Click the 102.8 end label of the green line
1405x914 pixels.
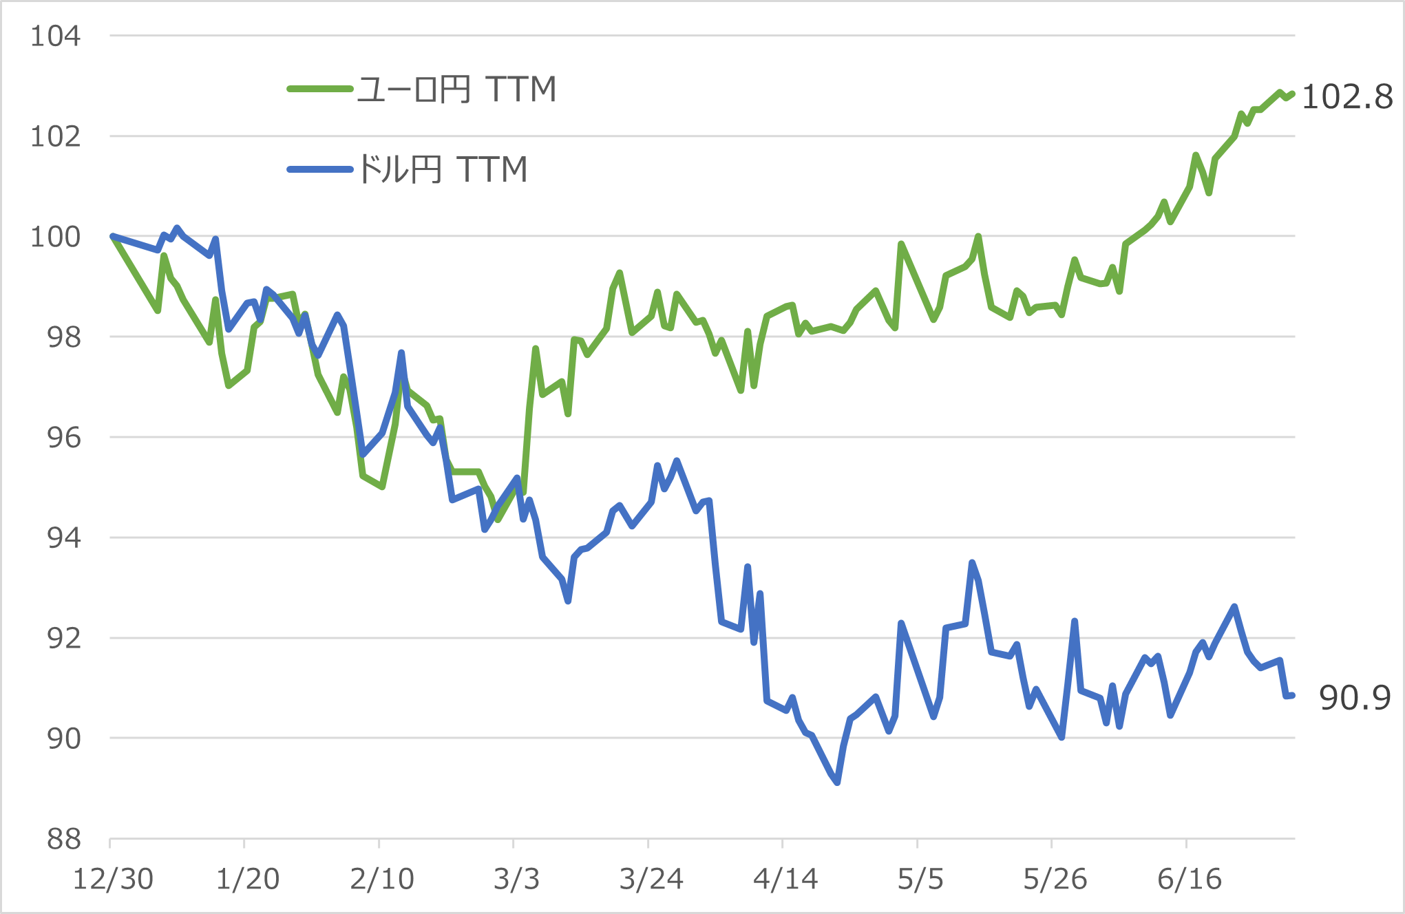click(x=1346, y=97)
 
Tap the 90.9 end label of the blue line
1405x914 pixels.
click(x=1354, y=698)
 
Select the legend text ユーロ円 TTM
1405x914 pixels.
click(x=456, y=89)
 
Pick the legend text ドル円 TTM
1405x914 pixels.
click(x=443, y=169)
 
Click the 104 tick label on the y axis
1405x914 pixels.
click(x=56, y=36)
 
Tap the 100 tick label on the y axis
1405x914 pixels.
click(x=56, y=237)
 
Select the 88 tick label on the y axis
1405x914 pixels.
click(x=63, y=839)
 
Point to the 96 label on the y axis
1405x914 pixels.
click(x=63, y=438)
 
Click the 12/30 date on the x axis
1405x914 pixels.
click(x=113, y=880)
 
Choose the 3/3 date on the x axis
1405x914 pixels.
click(x=516, y=880)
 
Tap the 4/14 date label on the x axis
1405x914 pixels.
click(x=785, y=880)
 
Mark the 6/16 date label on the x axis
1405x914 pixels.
click(x=1189, y=880)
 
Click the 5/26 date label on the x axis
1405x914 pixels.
click(x=1055, y=880)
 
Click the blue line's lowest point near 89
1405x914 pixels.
click(x=837, y=782)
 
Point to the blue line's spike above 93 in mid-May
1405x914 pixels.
click(x=972, y=563)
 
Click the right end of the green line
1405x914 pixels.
click(x=1293, y=94)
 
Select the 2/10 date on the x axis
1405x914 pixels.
click(x=382, y=880)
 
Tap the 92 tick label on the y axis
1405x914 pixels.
click(x=63, y=639)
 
